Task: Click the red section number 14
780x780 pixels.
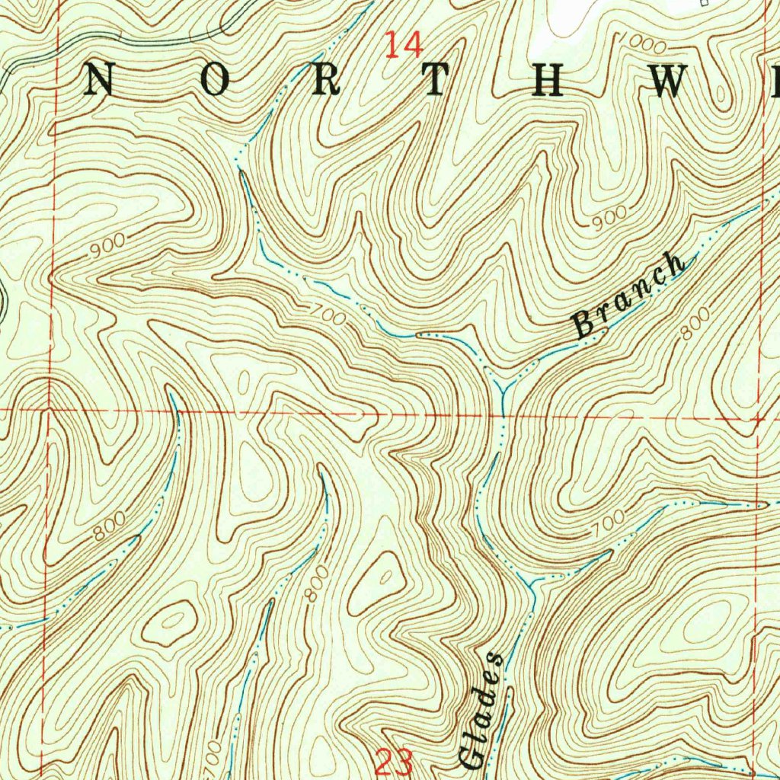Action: [403, 45]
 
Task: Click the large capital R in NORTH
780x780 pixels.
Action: [325, 82]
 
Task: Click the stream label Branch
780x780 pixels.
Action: [628, 295]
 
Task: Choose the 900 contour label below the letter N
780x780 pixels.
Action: [106, 248]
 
